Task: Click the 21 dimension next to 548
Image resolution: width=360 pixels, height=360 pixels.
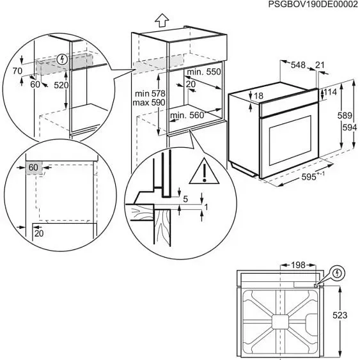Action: click(x=320, y=65)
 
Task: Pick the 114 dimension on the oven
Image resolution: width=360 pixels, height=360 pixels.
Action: click(x=330, y=93)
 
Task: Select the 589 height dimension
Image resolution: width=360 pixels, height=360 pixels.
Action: click(x=344, y=116)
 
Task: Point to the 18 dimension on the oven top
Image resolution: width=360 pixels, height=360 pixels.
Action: click(x=258, y=97)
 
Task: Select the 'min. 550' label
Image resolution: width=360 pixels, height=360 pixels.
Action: click(x=205, y=72)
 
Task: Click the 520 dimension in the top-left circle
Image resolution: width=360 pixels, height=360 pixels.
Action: click(x=61, y=84)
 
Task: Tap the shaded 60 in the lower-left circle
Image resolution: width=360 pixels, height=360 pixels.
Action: click(x=34, y=168)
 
